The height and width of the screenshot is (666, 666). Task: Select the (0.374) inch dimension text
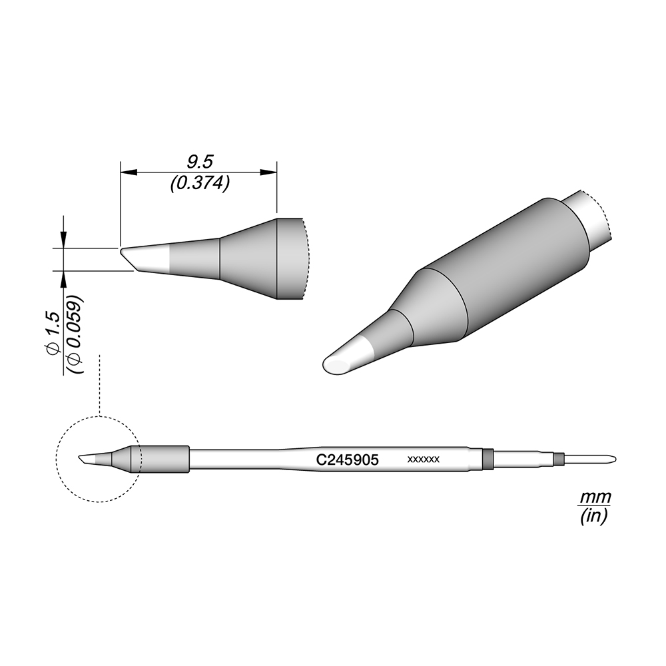(200, 183)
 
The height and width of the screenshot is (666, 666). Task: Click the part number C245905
(348, 460)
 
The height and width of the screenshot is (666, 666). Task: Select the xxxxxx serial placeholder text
(423, 460)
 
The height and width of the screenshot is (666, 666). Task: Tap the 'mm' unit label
(595, 496)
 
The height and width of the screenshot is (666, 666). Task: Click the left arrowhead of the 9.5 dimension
(129, 172)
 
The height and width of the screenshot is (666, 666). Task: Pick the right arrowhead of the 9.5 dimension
(268, 172)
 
